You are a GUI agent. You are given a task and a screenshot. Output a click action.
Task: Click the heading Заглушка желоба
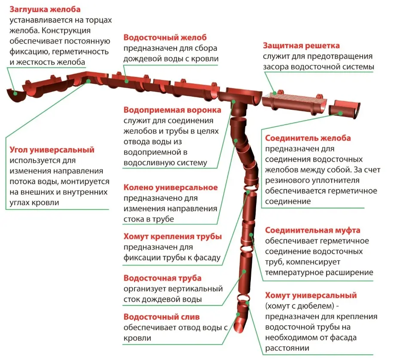coord(45,9)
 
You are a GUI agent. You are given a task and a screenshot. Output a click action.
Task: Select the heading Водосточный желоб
coord(165,37)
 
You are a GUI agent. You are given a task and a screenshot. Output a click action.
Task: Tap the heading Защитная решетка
coord(301,46)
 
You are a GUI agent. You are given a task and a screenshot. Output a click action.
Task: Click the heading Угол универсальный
coord(52,150)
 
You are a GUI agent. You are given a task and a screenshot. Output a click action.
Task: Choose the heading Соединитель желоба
coord(308,138)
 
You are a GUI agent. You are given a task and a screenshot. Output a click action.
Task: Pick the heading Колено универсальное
coord(171,188)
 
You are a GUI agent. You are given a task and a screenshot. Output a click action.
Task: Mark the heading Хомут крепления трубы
coord(172,237)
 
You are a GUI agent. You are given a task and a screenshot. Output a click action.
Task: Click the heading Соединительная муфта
coord(312,230)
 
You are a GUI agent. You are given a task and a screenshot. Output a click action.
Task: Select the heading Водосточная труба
coord(162,278)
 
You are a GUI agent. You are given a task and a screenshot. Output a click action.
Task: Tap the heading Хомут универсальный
coord(311,295)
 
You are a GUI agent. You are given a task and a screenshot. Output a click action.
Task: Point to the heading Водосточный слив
coord(162,317)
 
